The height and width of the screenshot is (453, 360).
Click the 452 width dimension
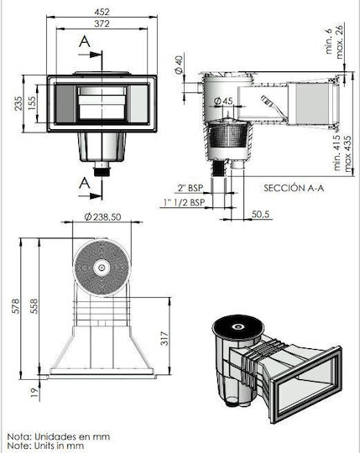[102, 12]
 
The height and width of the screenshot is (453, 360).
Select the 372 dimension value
[102, 23]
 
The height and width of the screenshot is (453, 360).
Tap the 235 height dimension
[18, 103]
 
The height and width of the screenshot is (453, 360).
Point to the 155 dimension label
[32, 103]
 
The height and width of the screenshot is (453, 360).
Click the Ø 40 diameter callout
[179, 65]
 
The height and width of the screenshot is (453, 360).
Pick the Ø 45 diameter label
[223, 102]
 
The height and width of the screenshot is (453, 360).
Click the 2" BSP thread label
[190, 188]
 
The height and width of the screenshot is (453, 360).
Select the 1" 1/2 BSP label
[185, 202]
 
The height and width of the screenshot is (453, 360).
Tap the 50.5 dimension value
[260, 214]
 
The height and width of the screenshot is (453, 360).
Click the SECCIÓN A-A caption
[294, 188]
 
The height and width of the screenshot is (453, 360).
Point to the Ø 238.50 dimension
[102, 216]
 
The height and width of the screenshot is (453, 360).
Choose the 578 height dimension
[16, 306]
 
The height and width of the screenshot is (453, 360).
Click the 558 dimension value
[34, 306]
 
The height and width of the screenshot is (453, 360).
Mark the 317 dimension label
[164, 339]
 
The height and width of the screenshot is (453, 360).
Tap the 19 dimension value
[34, 393]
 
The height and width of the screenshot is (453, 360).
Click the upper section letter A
[85, 42]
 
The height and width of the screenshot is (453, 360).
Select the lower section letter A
[85, 183]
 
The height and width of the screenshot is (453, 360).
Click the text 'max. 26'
[340, 42]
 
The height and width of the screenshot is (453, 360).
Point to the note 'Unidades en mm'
[72, 436]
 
